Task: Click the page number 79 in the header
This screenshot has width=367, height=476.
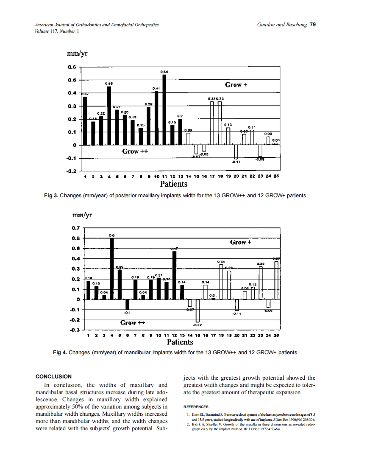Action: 313,25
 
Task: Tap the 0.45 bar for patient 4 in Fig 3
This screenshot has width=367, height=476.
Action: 109,116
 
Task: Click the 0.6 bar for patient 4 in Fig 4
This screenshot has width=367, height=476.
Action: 112,269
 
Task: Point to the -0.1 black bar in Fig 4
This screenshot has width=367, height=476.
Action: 127,304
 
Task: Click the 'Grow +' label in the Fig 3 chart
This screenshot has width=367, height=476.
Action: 236,85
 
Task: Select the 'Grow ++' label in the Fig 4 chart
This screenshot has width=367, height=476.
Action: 132,323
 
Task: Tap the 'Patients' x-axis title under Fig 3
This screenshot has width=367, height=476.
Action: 173,184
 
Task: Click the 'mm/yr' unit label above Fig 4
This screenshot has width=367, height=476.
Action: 82,215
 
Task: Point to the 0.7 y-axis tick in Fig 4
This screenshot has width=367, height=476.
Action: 76,228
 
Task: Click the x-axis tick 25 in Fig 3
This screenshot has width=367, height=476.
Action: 276,176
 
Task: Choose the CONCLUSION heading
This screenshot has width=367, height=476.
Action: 53,376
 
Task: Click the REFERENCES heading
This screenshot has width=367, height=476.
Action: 195,407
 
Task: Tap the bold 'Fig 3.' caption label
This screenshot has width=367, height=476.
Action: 51,196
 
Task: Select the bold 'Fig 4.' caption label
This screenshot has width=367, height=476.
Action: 60,352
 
